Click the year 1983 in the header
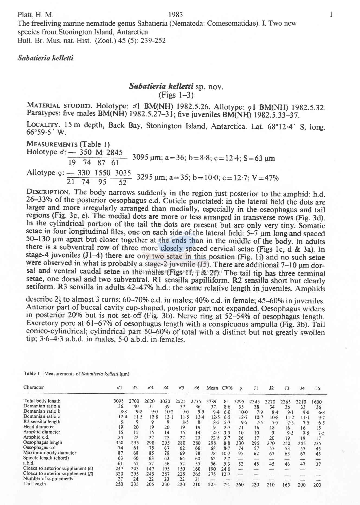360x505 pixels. pyautogui.click(x=175, y=15)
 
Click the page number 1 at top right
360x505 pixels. pyautogui.click(x=331, y=15)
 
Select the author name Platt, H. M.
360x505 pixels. pyautogui.click(x=35, y=15)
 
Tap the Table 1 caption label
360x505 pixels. pyautogui.click(x=32, y=374)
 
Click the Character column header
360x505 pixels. pyautogui.click(x=34, y=387)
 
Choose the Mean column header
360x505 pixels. pyautogui.click(x=212, y=388)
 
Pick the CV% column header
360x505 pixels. pyautogui.click(x=227, y=388)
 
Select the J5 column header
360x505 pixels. pyautogui.click(x=318, y=388)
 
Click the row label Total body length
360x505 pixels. pyautogui.click(x=42, y=401)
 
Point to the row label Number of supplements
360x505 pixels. pyautogui.click(x=48, y=478)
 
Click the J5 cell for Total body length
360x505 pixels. pyautogui.click(x=317, y=402)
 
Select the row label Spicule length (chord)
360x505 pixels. pyautogui.click(x=46, y=458)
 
